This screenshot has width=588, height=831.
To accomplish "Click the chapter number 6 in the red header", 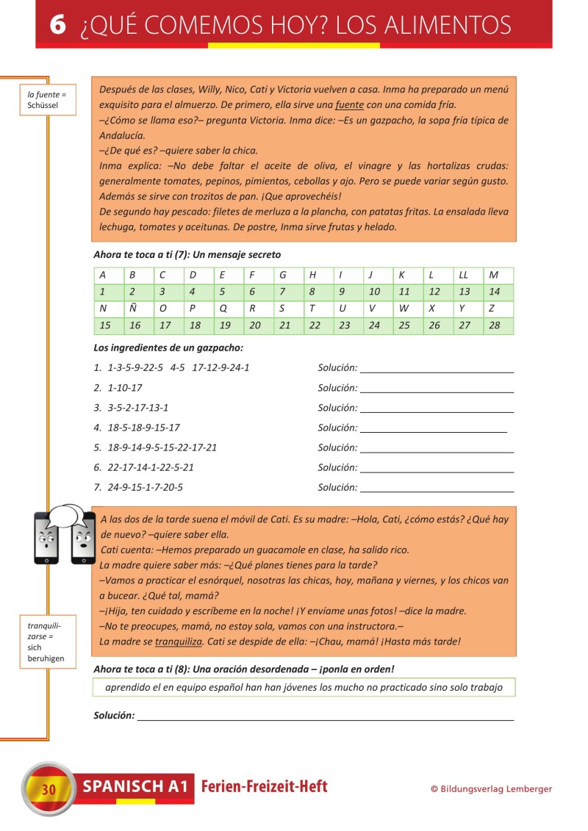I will coord(58,25).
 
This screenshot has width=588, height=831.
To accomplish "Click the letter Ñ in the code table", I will coord(135,309).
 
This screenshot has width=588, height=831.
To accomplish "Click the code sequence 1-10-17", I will coord(125,387).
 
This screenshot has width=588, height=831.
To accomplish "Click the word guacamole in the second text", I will coord(273,550).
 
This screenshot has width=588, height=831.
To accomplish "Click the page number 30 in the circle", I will coord(49,790).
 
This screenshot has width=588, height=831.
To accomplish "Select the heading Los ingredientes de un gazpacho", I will coord(168,348).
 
